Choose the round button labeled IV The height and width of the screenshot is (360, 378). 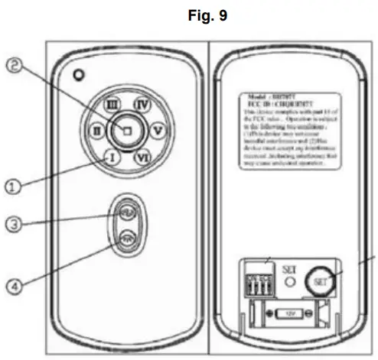[141, 105]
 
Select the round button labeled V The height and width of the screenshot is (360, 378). [157, 131]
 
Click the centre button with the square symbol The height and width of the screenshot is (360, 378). [128, 131]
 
